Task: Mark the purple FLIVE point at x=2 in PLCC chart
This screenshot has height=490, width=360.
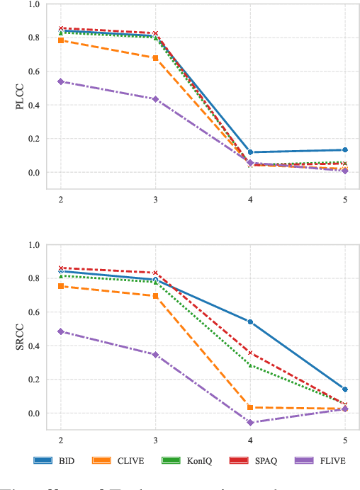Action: [60, 81]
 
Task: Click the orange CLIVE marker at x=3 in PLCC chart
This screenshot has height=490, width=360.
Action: [155, 57]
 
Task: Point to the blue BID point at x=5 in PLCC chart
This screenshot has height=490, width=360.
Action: [345, 150]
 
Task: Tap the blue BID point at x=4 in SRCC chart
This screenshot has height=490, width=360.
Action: [250, 322]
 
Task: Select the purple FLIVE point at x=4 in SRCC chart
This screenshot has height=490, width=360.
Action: [250, 422]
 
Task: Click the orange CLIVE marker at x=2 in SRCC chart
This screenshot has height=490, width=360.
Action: [60, 286]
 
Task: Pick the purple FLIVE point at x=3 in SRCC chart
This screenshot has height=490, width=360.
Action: [155, 355]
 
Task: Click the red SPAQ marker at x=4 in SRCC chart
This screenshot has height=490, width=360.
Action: [250, 353]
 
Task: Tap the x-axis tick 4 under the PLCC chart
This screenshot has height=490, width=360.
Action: [250, 200]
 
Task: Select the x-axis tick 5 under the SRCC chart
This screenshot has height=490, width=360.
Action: [345, 440]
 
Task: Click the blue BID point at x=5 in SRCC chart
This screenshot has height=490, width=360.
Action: [345, 389]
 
